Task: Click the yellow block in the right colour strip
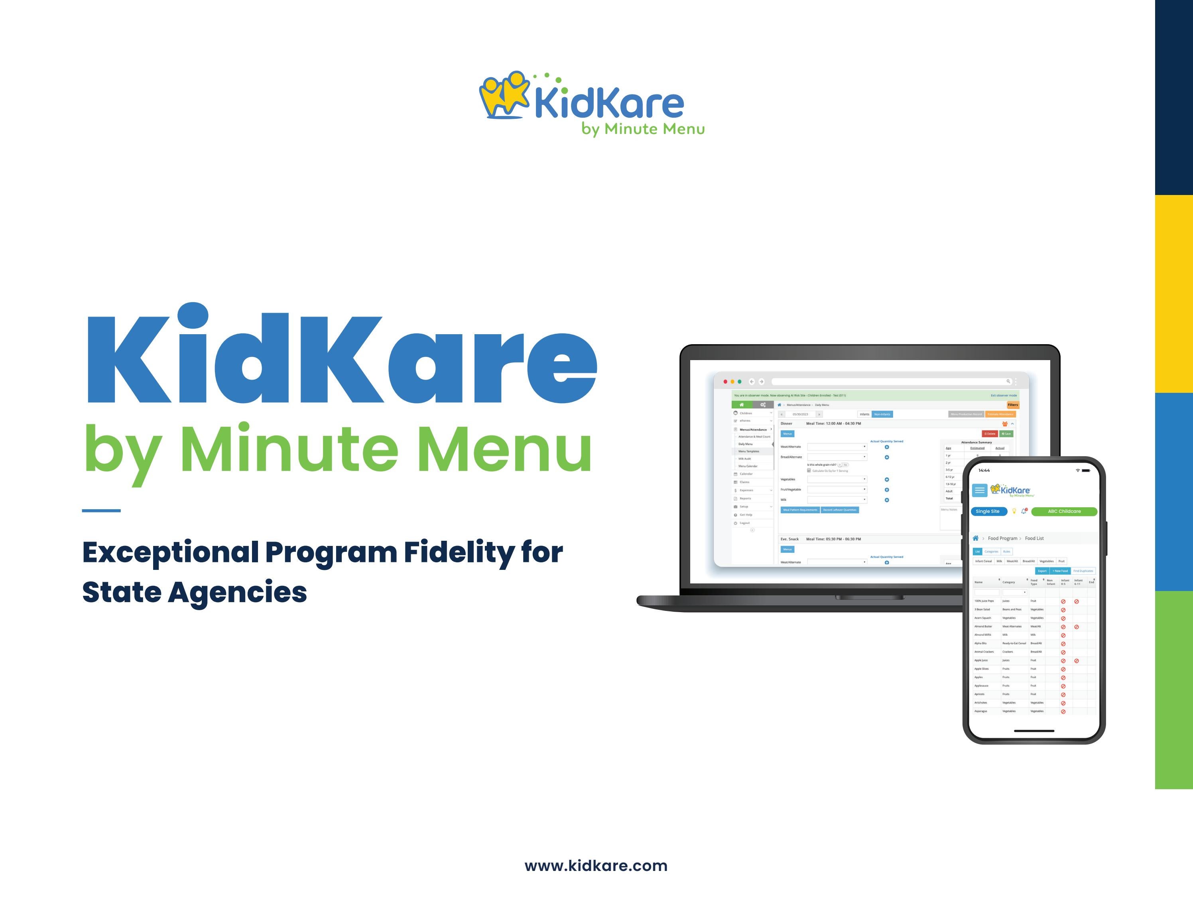tap(1174, 294)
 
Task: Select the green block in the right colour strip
tap(1174, 690)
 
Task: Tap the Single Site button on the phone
tap(988, 511)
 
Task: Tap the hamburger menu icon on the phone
tap(979, 490)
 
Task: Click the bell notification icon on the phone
tap(1024, 511)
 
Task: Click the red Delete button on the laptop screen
tap(989, 434)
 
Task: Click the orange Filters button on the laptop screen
tap(1013, 405)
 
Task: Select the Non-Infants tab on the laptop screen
tap(882, 414)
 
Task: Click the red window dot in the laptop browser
tap(725, 382)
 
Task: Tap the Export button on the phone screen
tap(1042, 571)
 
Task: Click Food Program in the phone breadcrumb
tap(1002, 538)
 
